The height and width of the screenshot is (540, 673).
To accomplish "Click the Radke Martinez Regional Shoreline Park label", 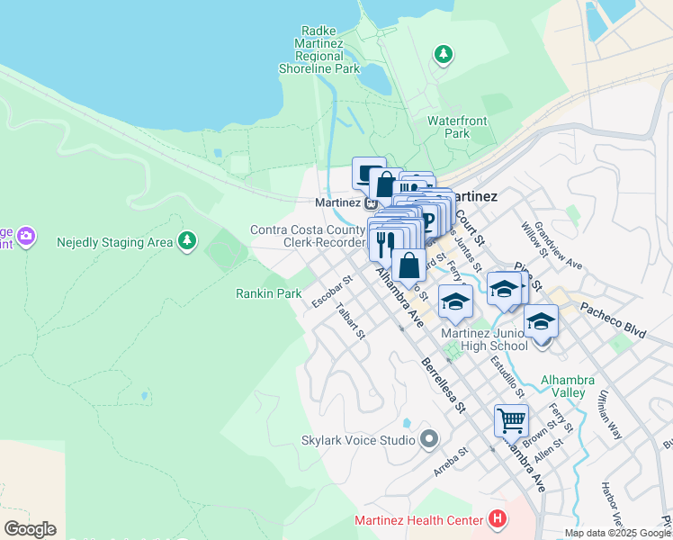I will pyautogui.click(x=329, y=49).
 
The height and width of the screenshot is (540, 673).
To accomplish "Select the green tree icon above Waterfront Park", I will pyautogui.click(x=443, y=55).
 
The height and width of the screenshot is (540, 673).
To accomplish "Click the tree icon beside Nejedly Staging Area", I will pyautogui.click(x=186, y=241).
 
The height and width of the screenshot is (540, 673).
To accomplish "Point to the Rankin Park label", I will pyautogui.click(x=268, y=293).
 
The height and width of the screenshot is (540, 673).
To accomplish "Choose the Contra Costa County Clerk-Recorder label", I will pyautogui.click(x=308, y=236).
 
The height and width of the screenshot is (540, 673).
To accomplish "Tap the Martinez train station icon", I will pyautogui.click(x=371, y=202).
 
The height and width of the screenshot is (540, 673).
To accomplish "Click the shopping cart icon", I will pyautogui.click(x=511, y=419).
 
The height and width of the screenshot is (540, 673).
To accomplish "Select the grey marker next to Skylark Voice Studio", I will pyautogui.click(x=429, y=440).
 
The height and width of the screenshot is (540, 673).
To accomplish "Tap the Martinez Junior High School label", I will pyautogui.click(x=484, y=339).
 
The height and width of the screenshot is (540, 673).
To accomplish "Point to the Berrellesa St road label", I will pyautogui.click(x=443, y=384).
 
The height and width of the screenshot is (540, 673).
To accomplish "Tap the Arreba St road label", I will pyautogui.click(x=451, y=462).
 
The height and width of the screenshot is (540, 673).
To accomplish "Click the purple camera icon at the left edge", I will pyautogui.click(x=26, y=238).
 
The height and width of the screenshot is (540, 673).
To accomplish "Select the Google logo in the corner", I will pyautogui.click(x=30, y=529).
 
